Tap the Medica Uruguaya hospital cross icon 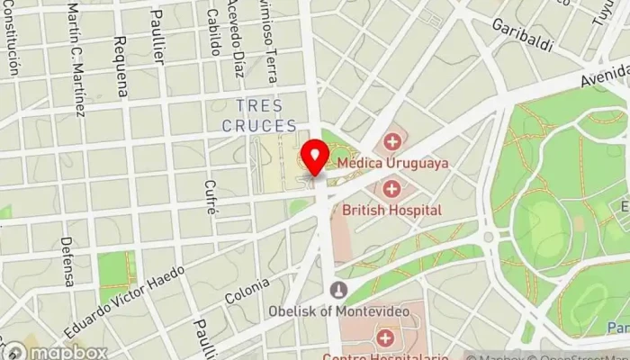(x=391, y=142)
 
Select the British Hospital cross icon (x=391, y=189)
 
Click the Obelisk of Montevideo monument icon (x=338, y=291)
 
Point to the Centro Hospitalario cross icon (x=385, y=338)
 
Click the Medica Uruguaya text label (x=392, y=164)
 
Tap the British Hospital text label (x=391, y=210)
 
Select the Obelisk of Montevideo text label (x=339, y=310)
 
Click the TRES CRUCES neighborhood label (x=260, y=116)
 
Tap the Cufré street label (x=211, y=196)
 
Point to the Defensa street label (x=67, y=261)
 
